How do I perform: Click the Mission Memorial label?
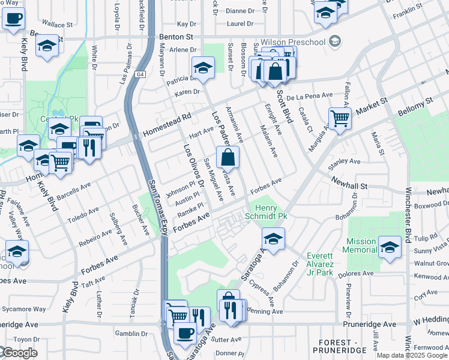click(x=361, y=246)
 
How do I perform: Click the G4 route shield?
click(x=140, y=74)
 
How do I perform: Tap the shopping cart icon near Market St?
click(x=340, y=118)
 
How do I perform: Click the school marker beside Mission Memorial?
click(x=390, y=247)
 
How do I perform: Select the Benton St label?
click(x=176, y=37)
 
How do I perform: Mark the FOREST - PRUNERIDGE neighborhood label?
click(x=340, y=346)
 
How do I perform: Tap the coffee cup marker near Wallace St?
click(x=13, y=17)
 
